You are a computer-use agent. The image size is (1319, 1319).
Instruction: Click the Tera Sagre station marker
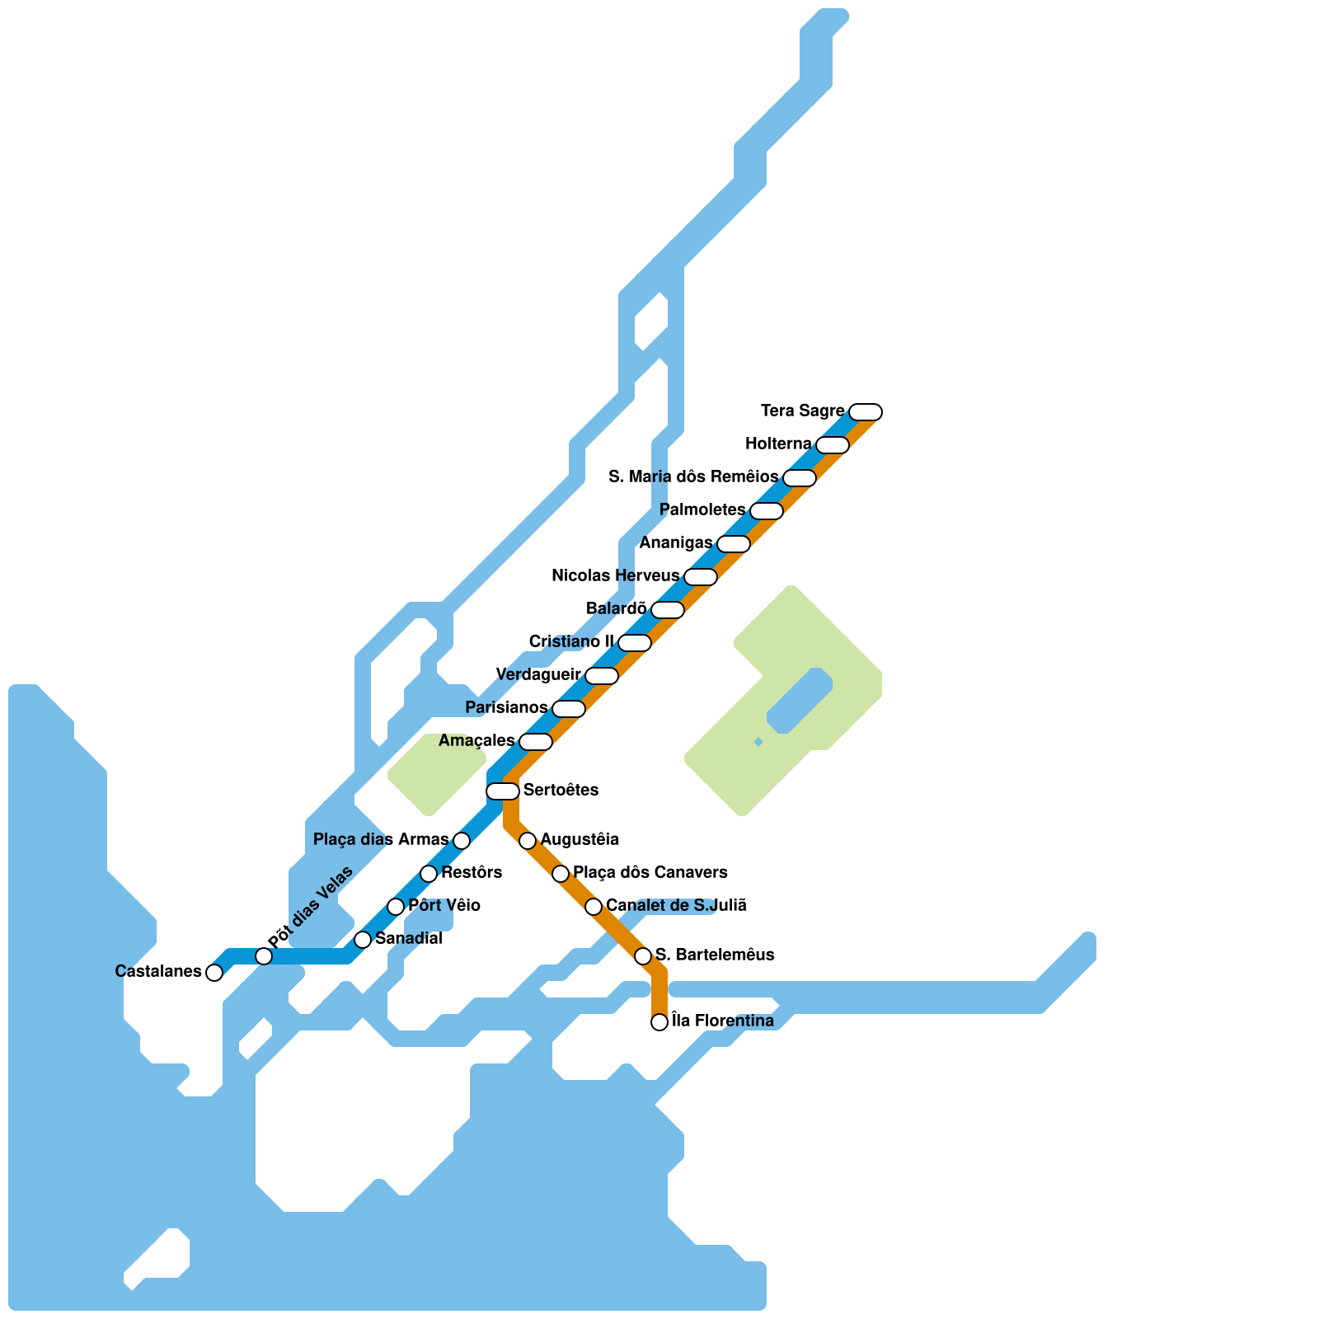[x=866, y=412]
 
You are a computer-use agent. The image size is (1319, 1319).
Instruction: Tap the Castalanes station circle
[x=214, y=973]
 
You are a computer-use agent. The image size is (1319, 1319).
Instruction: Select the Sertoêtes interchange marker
[x=503, y=791]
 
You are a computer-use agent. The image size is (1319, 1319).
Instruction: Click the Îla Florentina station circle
[x=659, y=1022]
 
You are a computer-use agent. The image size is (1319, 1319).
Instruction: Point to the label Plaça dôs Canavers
[x=650, y=872]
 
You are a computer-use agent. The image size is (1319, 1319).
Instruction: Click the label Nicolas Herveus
[x=615, y=575]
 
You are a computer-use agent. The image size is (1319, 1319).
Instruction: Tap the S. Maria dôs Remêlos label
[x=693, y=476]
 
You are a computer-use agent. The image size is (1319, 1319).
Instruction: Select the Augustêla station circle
[x=528, y=841]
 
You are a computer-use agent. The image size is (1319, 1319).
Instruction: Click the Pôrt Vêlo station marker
[x=396, y=907]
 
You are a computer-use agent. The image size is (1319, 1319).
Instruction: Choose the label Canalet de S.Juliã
[x=676, y=905]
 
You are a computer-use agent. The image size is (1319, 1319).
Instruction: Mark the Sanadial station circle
[x=363, y=940]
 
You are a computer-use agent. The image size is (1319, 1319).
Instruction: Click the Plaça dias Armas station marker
[x=462, y=841]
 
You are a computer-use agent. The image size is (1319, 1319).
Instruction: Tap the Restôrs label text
[x=472, y=872]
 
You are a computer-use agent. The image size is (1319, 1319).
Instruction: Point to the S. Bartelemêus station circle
[x=643, y=956]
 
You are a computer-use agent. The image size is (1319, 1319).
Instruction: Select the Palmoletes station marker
[x=767, y=511]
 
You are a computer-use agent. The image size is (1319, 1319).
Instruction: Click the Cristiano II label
[x=571, y=641]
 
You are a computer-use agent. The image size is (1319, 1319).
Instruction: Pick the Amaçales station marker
[x=536, y=742]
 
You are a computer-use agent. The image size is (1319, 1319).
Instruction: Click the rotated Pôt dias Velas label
[x=310, y=907]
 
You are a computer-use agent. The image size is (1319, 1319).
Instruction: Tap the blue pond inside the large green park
[x=799, y=701]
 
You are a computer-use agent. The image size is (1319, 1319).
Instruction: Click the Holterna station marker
[x=833, y=445]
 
